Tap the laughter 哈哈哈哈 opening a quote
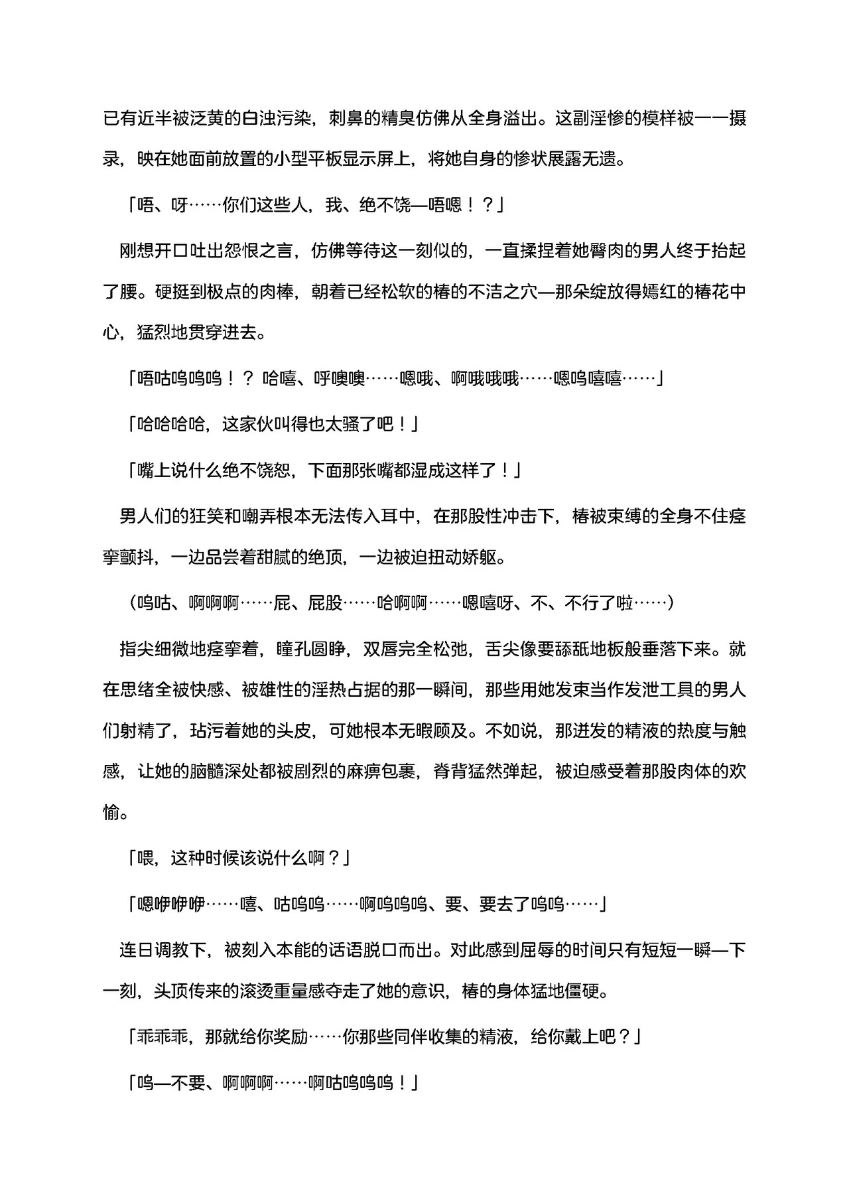coord(170,425)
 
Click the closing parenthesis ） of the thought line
coord(671,602)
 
